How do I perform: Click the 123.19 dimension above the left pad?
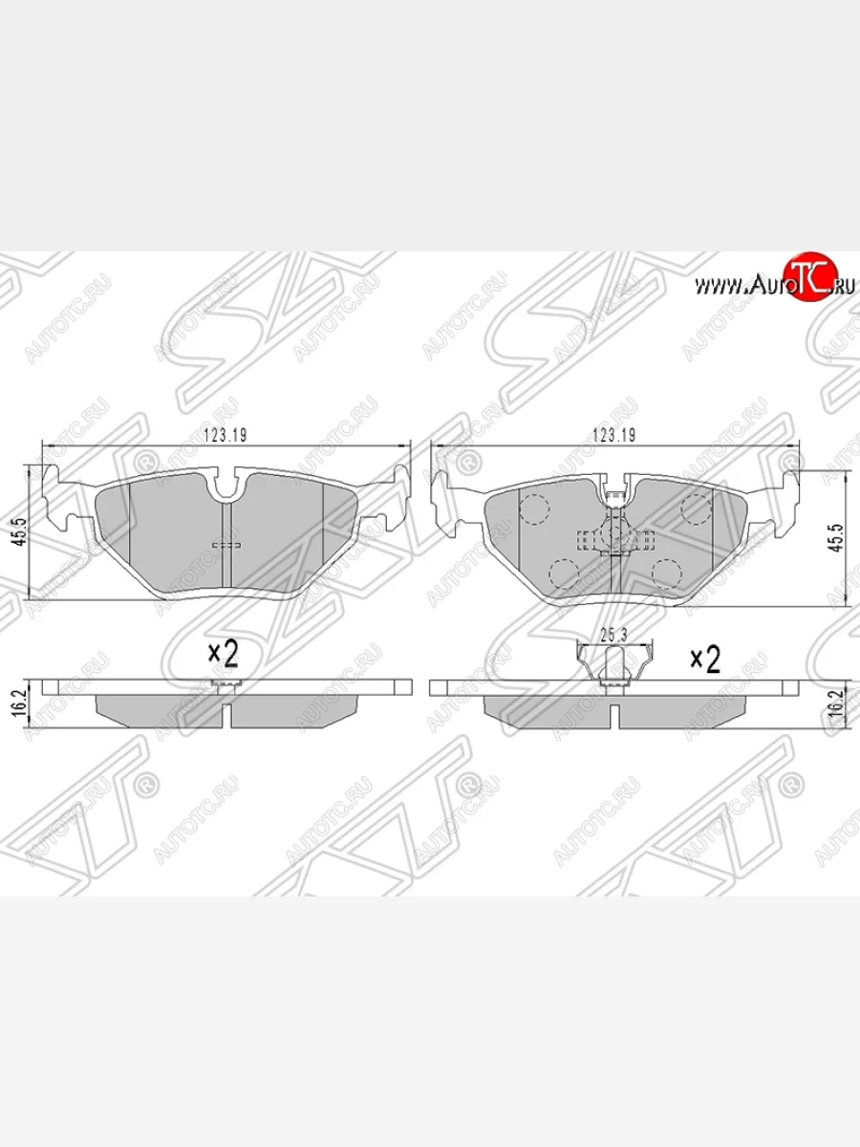tap(226, 435)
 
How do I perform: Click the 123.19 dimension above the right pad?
tap(615, 435)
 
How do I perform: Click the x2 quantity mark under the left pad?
tap(223, 654)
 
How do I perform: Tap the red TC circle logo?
tap(809, 277)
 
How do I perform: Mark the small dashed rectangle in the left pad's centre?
tap(226, 544)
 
